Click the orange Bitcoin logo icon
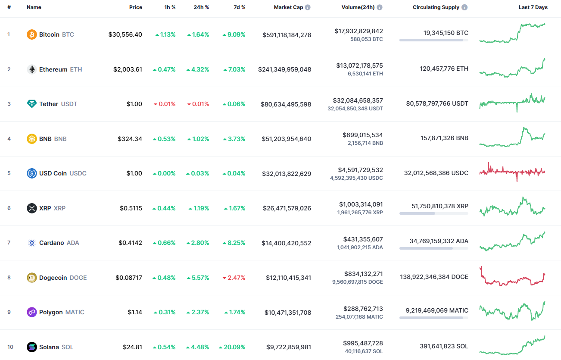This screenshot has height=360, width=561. click(x=32, y=34)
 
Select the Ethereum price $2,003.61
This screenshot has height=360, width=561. click(x=128, y=69)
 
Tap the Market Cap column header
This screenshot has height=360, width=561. click(x=288, y=7)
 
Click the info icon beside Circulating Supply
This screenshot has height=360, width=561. click(x=464, y=7)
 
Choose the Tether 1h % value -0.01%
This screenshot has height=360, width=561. click(x=165, y=104)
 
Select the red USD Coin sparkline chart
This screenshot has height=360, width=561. click(x=512, y=172)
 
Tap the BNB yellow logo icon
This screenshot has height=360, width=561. click(x=32, y=139)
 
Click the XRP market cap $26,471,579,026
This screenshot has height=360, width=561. click(x=287, y=208)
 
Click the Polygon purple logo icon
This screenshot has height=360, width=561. click(x=32, y=312)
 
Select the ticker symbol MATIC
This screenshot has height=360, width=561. click(x=75, y=312)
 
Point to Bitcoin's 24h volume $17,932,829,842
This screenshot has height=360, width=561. click(x=358, y=31)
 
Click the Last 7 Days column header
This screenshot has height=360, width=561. click(x=533, y=7)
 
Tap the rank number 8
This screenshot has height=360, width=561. click(x=9, y=278)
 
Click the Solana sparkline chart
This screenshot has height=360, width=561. click(x=512, y=345)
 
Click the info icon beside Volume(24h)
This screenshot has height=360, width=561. click(x=380, y=7)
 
